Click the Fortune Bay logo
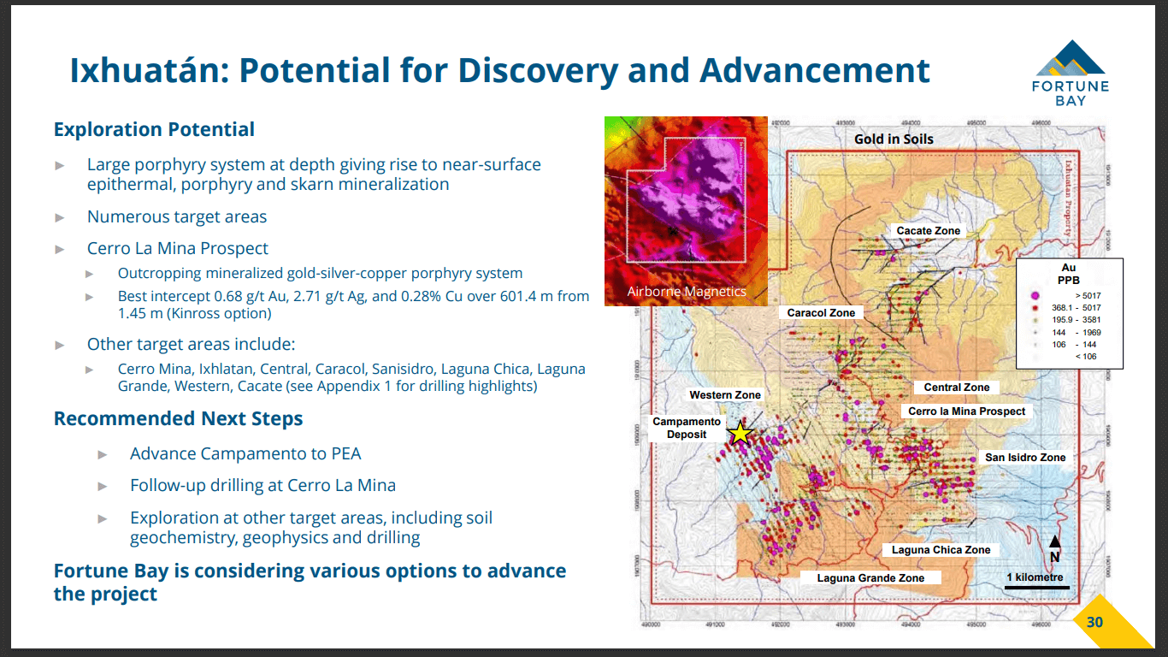(x=1071, y=72)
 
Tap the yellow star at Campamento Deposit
(x=740, y=434)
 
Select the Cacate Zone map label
(x=928, y=231)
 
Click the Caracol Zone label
(x=821, y=313)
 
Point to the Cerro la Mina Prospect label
(x=966, y=411)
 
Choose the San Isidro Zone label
(x=1025, y=458)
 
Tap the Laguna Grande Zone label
(x=870, y=578)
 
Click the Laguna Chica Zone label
(x=941, y=550)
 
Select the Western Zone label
(x=724, y=395)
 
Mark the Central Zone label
(x=956, y=388)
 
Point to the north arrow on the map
(x=1054, y=547)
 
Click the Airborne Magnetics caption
(x=687, y=292)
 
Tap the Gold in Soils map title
(x=894, y=139)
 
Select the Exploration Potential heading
(x=154, y=130)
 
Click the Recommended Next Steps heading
(x=178, y=419)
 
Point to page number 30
(x=1094, y=622)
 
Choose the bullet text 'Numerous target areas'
(x=177, y=217)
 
